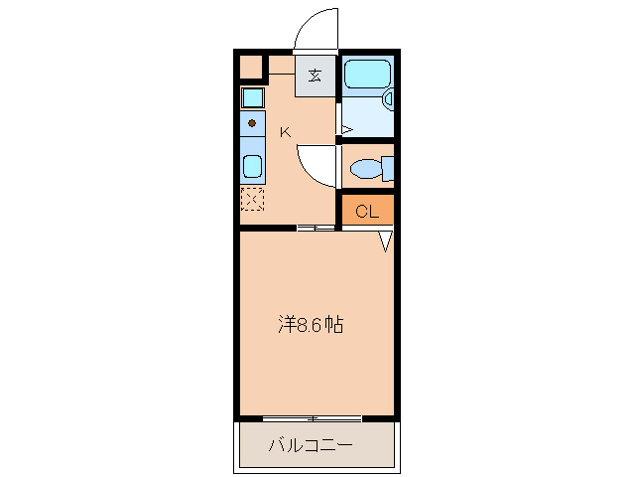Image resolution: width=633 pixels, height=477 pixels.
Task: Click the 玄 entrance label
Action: pyautogui.click(x=315, y=76)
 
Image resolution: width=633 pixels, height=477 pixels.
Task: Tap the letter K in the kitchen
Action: pyautogui.click(x=284, y=132)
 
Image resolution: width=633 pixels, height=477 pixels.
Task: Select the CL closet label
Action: pyautogui.click(x=367, y=211)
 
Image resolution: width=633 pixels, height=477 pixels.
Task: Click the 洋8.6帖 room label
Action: pyautogui.click(x=311, y=325)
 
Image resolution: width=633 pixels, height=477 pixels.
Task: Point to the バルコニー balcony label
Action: pyautogui.click(x=311, y=444)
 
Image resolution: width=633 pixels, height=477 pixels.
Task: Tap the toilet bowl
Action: pyautogui.click(x=366, y=169)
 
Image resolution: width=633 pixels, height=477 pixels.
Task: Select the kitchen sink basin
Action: pyautogui.click(x=253, y=165)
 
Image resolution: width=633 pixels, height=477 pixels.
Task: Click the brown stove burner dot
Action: pyautogui.click(x=252, y=123)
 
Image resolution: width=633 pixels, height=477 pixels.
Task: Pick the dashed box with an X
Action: pyautogui.click(x=252, y=199)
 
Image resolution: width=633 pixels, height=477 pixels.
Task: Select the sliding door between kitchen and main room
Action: pyautogui.click(x=317, y=229)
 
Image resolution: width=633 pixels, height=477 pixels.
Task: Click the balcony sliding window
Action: pyautogui.click(x=313, y=417)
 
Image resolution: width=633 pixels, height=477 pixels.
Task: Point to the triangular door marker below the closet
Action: pyautogui.click(x=387, y=240)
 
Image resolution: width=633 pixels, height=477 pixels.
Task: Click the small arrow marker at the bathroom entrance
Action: pyautogui.click(x=346, y=129)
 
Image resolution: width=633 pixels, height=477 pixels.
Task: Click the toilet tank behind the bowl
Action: pyautogui.click(x=388, y=169)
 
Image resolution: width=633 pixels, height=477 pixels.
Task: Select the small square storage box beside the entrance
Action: pyautogui.click(x=251, y=68)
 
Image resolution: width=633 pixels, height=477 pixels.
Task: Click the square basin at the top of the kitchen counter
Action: pyautogui.click(x=253, y=97)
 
